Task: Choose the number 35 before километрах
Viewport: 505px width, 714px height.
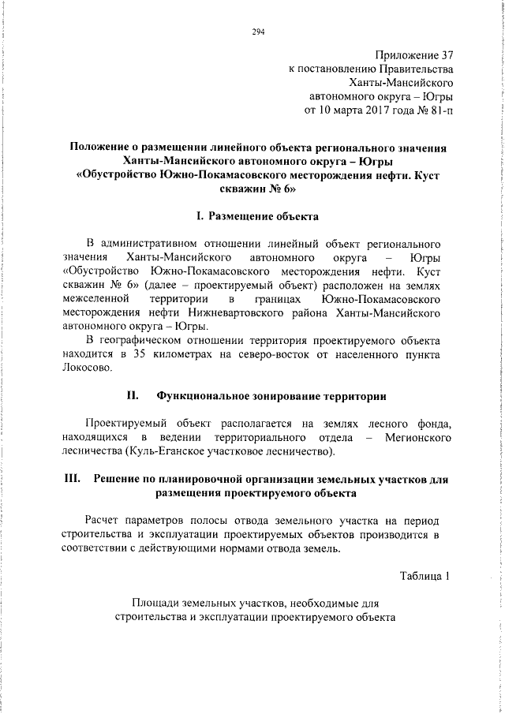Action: tap(139, 354)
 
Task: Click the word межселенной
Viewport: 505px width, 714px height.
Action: tap(96, 300)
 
